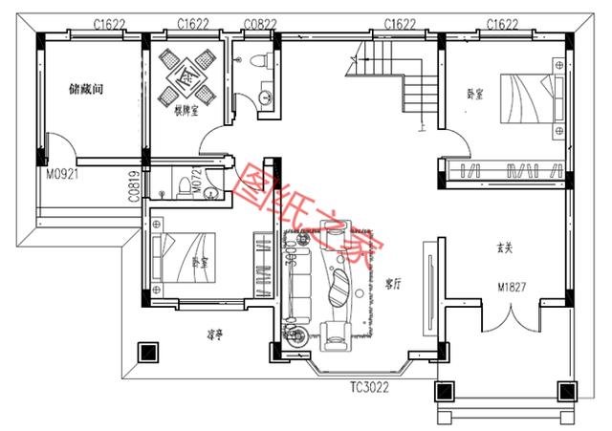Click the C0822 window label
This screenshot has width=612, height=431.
click(261, 23)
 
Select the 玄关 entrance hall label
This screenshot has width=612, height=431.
click(506, 248)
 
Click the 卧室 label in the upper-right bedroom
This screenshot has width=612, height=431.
click(475, 94)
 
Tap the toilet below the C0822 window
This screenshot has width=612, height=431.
click(257, 62)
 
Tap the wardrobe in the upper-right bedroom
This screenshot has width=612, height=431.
click(504, 171)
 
